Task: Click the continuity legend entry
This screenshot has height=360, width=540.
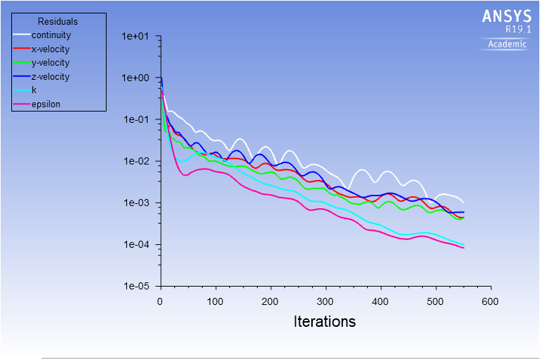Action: [51, 35]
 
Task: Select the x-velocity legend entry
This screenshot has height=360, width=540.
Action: [50, 49]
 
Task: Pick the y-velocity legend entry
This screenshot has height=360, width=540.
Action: [50, 63]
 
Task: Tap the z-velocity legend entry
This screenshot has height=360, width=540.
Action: [50, 76]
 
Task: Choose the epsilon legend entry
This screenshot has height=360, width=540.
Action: [46, 104]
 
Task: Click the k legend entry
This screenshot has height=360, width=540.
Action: [34, 90]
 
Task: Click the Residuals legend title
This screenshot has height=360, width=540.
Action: [58, 22]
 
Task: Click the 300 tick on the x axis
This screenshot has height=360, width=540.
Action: [325, 301]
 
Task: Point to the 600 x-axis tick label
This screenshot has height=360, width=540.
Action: [490, 301]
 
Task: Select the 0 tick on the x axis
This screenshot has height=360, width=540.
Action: [160, 301]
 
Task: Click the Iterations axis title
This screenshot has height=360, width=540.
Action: [325, 322]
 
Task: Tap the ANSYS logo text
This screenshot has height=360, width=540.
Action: [507, 16]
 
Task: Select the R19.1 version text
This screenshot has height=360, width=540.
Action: [517, 30]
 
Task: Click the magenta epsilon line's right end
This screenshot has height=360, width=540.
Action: [464, 248]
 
